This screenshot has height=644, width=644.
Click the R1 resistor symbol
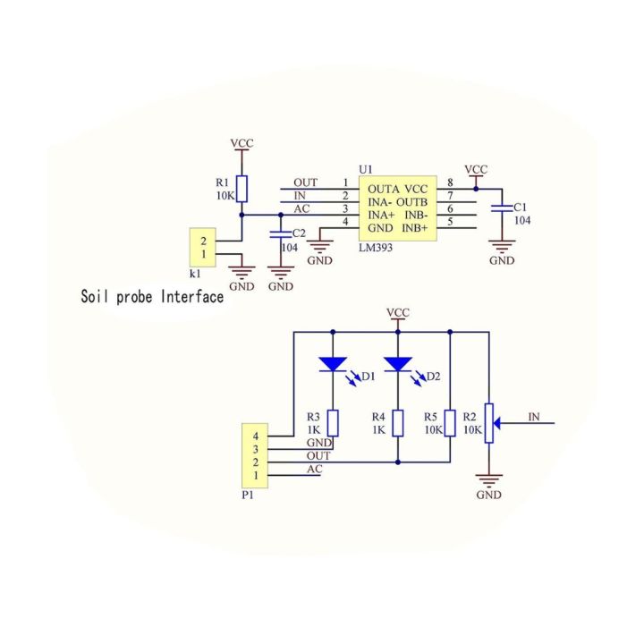pos(242,188)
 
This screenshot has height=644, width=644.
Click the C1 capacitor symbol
pos(502,209)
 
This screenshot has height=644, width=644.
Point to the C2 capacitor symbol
pos(283,234)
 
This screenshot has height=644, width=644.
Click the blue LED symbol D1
pos(333,364)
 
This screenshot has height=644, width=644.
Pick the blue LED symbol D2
pos(398,364)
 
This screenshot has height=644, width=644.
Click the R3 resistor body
pos(333,423)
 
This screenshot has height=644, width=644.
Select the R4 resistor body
pos(398,423)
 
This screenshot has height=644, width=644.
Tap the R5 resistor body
pos(450,423)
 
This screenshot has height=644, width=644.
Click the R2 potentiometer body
pos(489,423)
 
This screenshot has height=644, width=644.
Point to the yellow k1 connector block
pos(203,248)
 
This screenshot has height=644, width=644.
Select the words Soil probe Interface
pos(152,296)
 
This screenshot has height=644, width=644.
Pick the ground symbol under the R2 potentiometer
pos(489,480)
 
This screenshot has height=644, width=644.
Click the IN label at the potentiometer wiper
pos(534,416)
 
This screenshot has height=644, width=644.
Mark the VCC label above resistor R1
pos(242,143)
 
